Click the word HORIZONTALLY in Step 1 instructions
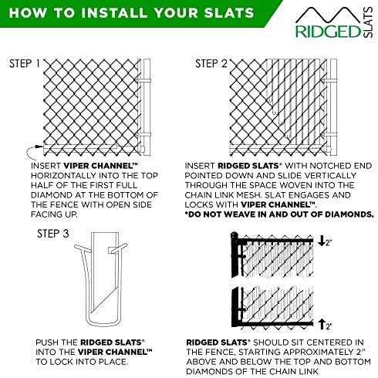(x=71, y=174)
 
